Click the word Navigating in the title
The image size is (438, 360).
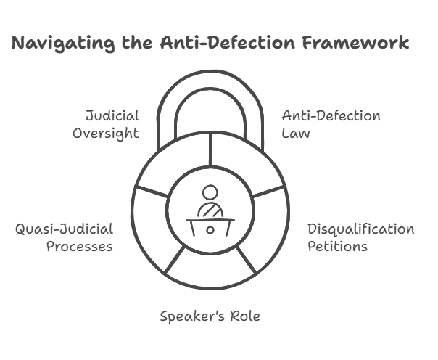(63, 44)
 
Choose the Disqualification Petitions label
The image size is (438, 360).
(360, 238)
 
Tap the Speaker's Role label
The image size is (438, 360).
(210, 316)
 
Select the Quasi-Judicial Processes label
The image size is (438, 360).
(65, 238)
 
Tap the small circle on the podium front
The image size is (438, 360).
(210, 229)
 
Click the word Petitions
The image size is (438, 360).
(337, 247)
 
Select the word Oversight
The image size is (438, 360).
(106, 133)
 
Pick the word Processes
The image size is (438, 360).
(80, 247)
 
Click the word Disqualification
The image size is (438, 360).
(360, 229)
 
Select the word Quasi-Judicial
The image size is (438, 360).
(65, 229)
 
